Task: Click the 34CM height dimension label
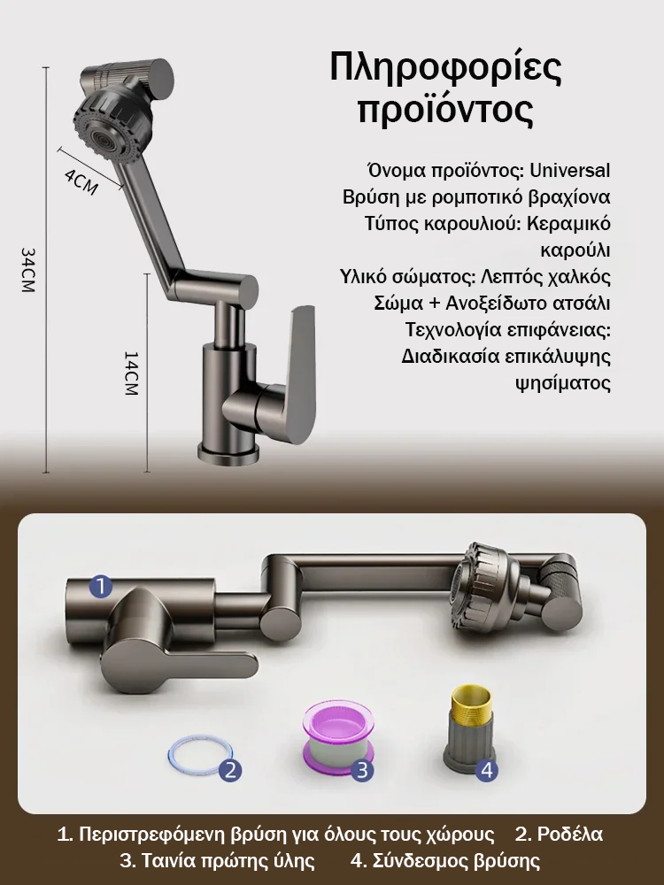[x=27, y=270]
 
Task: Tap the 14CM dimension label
[x=130, y=373]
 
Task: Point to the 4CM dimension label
[x=81, y=181]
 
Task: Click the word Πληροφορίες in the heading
[x=446, y=69]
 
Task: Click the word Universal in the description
[x=570, y=170]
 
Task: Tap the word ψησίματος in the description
[x=563, y=384]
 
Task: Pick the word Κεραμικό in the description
[x=568, y=224]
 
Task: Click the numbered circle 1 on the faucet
[x=101, y=587]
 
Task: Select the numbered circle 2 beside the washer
[x=230, y=770]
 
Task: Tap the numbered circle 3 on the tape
[x=362, y=770]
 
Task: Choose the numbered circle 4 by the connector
[x=487, y=770]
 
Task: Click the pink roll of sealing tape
[x=336, y=739]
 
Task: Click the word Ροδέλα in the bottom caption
[x=569, y=834]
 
